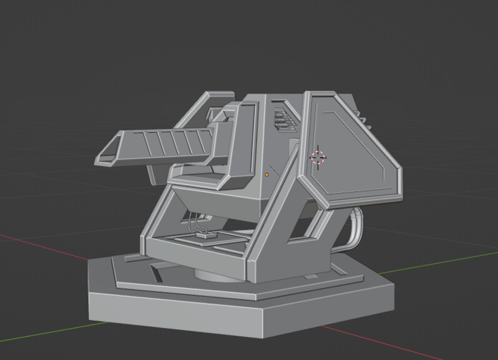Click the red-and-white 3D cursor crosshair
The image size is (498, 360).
click(x=318, y=157)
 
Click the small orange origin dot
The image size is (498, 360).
click(x=267, y=175)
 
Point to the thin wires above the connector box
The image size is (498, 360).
click(x=195, y=221)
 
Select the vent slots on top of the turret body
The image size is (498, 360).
click(x=284, y=119)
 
